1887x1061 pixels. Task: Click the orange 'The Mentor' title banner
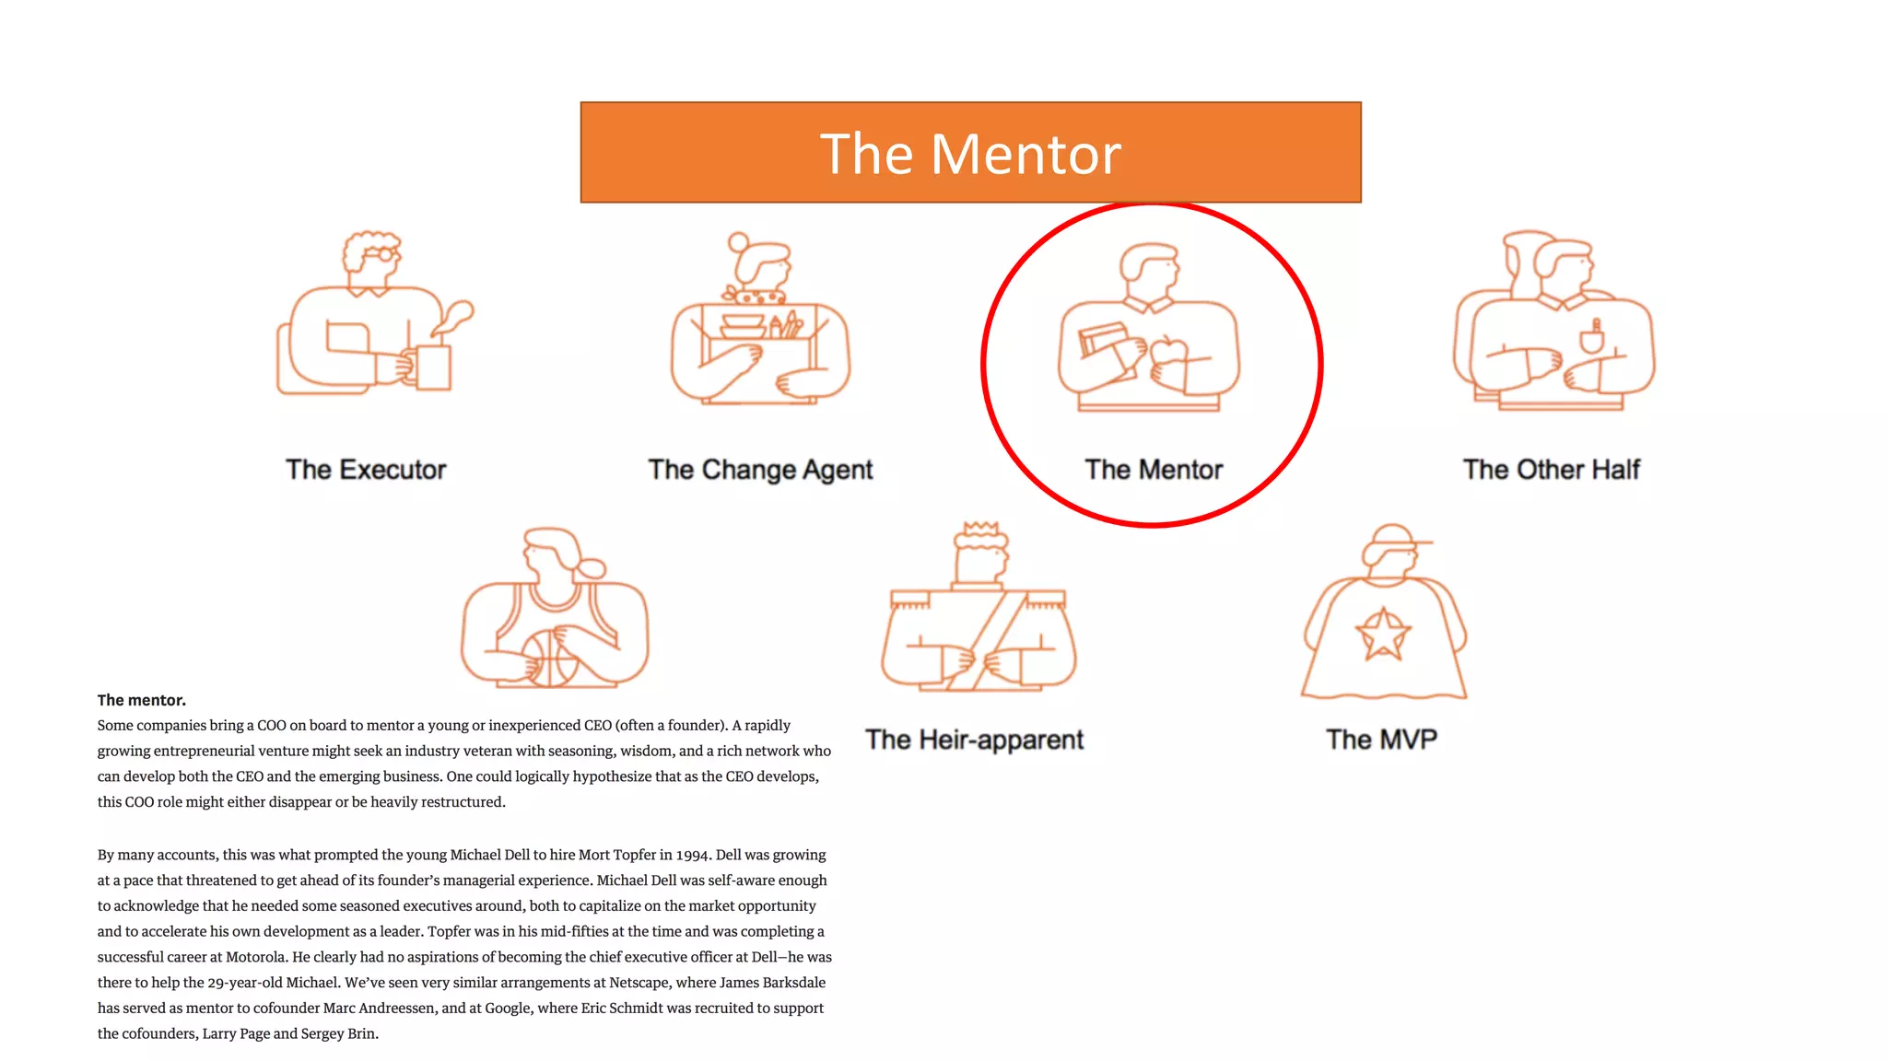pos(970,153)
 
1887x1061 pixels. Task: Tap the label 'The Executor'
pos(366,470)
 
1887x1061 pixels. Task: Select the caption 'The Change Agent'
pos(760,470)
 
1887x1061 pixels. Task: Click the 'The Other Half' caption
pos(1551,470)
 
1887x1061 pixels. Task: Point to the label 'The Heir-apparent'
pos(974,740)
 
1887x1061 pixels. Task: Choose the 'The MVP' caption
pos(1381,740)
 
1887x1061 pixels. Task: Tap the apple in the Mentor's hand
pos(1168,352)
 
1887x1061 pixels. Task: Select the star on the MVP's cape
pos(1382,635)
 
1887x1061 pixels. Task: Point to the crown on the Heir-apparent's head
pos(980,532)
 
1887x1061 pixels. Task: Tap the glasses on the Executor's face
pos(381,253)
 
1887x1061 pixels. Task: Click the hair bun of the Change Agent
pos(738,242)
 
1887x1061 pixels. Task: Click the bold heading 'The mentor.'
pos(142,700)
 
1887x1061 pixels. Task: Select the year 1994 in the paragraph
pos(692,855)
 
